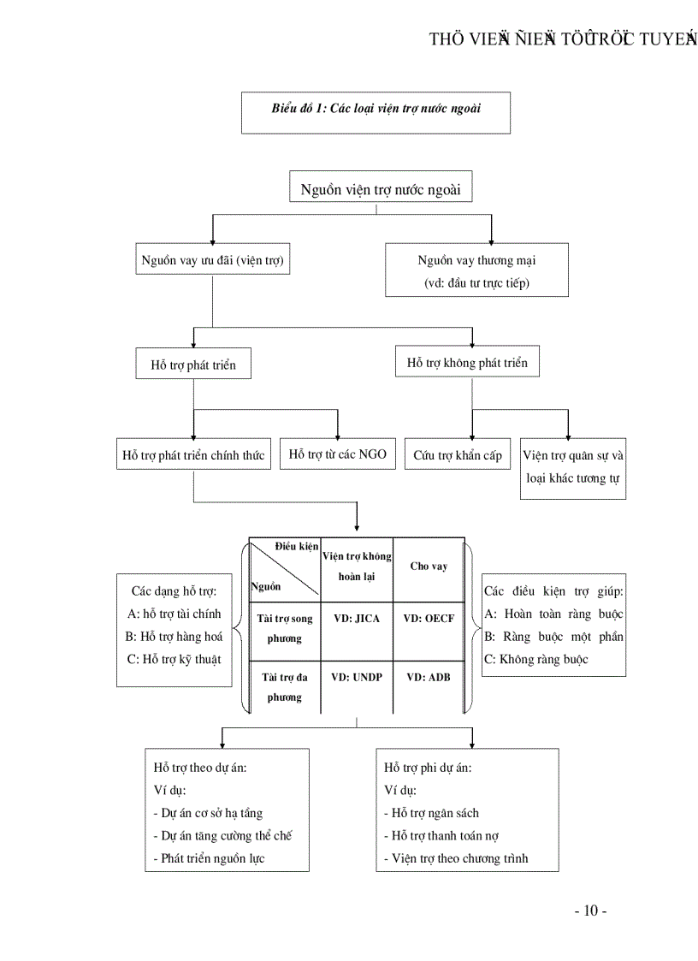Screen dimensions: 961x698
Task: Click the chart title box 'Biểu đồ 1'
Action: (x=376, y=112)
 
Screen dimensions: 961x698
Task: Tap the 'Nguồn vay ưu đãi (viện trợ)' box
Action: (x=212, y=260)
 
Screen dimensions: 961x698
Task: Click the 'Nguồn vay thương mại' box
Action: (x=476, y=270)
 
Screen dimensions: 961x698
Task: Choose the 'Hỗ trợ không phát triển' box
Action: (x=467, y=363)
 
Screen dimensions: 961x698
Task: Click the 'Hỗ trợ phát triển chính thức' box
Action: (x=193, y=455)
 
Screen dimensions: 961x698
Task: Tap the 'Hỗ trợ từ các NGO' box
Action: (x=337, y=454)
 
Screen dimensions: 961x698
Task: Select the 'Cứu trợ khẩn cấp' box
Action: (x=458, y=455)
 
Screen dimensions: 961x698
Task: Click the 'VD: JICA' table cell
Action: (x=357, y=618)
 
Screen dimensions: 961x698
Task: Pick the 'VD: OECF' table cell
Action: (x=429, y=618)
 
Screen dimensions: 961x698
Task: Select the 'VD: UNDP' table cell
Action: (x=357, y=677)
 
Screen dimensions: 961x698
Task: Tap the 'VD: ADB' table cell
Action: (x=429, y=677)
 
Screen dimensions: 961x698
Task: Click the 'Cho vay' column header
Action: (x=429, y=567)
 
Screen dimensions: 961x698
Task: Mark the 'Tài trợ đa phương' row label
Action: (x=285, y=687)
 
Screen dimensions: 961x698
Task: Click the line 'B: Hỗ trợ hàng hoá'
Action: (x=174, y=636)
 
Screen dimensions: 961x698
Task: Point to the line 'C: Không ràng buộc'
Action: (x=535, y=660)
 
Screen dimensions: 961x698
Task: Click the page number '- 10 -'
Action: (x=590, y=911)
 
